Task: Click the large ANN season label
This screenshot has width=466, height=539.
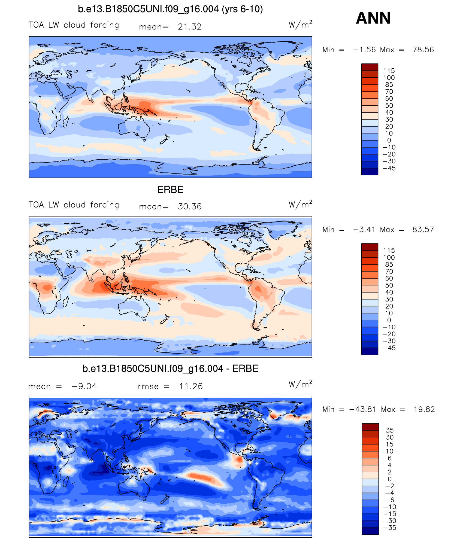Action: [373, 18]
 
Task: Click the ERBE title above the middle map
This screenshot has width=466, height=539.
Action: [170, 190]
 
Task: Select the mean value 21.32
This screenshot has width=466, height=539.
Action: [190, 27]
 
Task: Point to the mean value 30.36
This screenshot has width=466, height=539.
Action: [190, 206]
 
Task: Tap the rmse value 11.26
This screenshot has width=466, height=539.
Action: [191, 386]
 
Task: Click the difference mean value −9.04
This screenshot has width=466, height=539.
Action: [84, 386]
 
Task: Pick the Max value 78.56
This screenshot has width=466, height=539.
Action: [423, 50]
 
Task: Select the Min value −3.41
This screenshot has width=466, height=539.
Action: [364, 229]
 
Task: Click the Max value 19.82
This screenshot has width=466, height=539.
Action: [424, 409]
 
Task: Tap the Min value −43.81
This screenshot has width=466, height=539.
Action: [363, 409]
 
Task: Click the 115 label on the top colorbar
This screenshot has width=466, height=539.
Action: [389, 71]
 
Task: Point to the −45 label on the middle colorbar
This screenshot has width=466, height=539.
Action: [389, 348]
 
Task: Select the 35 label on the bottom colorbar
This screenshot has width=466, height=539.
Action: [390, 430]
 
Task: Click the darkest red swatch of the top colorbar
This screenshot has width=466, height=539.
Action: [370, 67]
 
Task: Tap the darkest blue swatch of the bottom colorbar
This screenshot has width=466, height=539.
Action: [370, 531]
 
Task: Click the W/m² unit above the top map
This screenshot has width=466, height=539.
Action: [300, 25]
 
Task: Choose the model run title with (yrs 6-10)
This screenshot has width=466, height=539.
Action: [170, 9]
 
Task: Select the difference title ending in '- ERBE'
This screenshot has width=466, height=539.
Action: [170, 369]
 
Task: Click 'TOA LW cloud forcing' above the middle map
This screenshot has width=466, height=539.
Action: [74, 205]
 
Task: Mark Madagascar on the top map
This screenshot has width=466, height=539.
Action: [65, 122]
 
